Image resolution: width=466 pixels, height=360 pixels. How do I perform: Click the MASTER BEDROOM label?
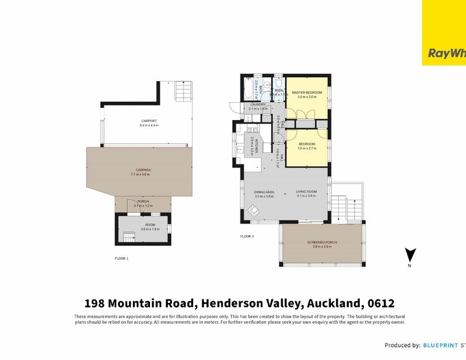pos(306,92)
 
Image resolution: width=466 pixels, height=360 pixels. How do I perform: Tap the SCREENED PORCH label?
pos(322,242)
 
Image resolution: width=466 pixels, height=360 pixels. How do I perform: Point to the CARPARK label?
pos(143,170)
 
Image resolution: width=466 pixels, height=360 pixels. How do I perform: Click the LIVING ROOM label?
pos(305,192)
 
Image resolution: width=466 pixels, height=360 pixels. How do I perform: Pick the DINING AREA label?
pos(264,192)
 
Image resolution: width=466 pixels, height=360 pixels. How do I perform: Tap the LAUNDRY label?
pos(257,104)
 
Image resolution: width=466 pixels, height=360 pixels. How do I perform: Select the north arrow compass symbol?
pos(410,256)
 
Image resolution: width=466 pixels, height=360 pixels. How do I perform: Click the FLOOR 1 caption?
pos(122,258)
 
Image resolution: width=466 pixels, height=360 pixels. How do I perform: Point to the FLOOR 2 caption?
pos(247,236)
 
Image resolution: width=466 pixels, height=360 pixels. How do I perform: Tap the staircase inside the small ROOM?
pos(127,238)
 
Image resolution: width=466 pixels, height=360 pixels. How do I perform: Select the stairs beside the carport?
pos(182,92)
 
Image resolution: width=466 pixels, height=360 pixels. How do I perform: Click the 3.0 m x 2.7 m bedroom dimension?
pos(306,148)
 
